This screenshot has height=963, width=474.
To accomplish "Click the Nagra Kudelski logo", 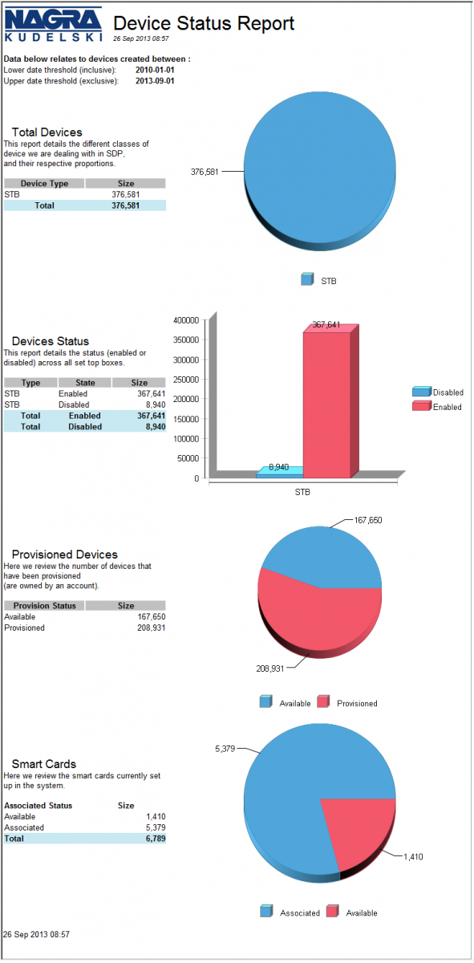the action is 53,25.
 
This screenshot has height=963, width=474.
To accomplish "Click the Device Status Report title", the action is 204,23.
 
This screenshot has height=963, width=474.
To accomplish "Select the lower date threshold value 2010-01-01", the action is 155,70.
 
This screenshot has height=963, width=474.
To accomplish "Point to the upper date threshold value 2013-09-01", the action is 155,81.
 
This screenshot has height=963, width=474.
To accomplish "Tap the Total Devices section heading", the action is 47,132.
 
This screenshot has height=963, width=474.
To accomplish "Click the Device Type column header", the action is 44,183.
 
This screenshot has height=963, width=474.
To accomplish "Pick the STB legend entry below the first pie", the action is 318,280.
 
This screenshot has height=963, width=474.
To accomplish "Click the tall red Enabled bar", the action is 326,404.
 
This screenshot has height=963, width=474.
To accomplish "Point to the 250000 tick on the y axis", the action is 186,379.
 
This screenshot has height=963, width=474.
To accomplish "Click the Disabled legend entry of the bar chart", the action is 438,392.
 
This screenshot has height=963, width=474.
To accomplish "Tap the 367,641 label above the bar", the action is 326,324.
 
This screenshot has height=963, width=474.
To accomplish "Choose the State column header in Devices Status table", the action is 85,382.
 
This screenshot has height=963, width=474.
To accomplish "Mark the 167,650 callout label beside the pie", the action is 368,520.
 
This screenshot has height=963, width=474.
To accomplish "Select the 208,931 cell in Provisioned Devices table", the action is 152,628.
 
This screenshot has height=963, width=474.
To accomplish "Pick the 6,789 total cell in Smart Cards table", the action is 156,839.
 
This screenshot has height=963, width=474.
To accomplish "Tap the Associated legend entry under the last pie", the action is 290,912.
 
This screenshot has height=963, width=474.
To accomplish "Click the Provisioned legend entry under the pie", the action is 347,703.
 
